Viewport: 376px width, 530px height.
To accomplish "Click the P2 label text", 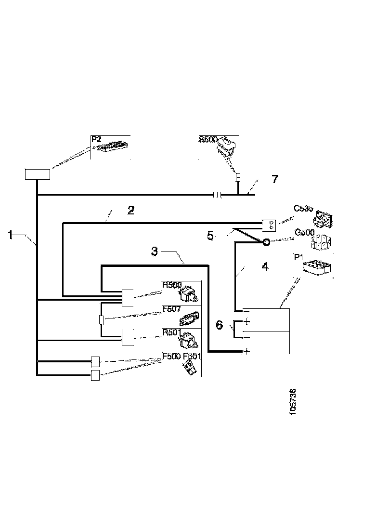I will click(97, 139).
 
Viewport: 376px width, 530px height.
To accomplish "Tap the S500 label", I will click(208, 139).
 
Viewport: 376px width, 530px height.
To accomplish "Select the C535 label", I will click(303, 209).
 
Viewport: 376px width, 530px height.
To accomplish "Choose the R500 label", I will click(172, 285).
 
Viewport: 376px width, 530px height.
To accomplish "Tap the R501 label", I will click(172, 332).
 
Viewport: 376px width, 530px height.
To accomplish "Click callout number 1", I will click(10, 235).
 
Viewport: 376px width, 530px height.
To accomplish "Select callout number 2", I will click(130, 210).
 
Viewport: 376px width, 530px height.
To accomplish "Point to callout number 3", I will click(154, 251).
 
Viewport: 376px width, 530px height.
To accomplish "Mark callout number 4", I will click(264, 266).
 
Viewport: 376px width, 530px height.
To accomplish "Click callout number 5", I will click(210, 236).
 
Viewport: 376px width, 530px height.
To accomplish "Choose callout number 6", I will click(219, 325).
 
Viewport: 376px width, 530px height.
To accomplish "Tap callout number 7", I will click(274, 179).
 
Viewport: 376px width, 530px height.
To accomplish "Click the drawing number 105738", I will click(293, 399).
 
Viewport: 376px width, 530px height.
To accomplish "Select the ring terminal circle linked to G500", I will click(265, 243).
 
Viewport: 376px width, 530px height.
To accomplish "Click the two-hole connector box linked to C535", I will click(268, 224).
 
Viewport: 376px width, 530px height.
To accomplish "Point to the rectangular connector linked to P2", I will click(38, 174).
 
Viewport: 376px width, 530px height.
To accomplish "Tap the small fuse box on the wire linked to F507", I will click(101, 319).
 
